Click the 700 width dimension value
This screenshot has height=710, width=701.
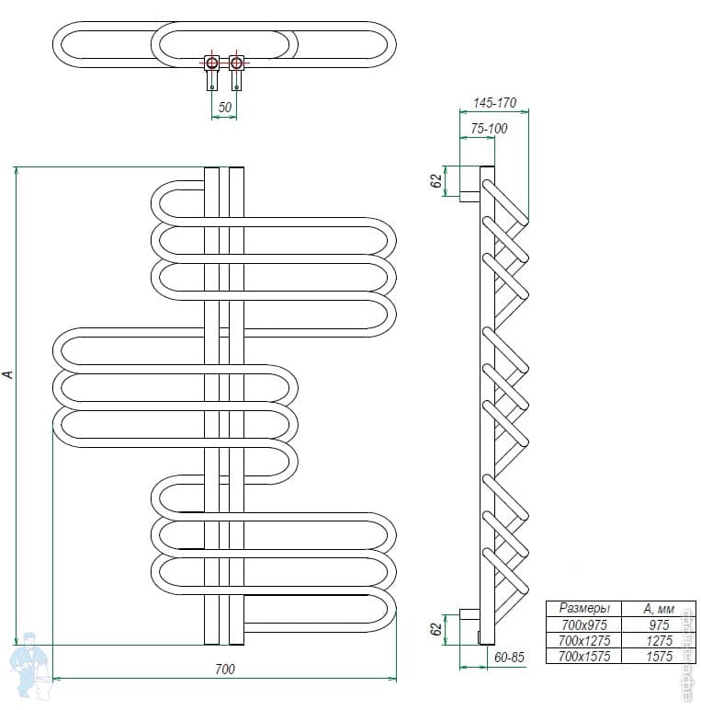225,669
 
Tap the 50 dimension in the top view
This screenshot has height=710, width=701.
225,108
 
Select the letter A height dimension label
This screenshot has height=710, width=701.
8,374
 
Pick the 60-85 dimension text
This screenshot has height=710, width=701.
508,657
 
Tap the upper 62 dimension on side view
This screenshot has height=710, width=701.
437,180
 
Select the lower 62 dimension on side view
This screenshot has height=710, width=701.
437,630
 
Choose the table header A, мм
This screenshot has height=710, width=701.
659,609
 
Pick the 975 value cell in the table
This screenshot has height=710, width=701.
659,624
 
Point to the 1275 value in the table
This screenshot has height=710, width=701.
659,640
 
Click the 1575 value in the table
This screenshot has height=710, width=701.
659,656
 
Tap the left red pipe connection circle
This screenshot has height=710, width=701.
212,63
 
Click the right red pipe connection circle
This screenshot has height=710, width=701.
237,63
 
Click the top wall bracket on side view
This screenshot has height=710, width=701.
469,195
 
